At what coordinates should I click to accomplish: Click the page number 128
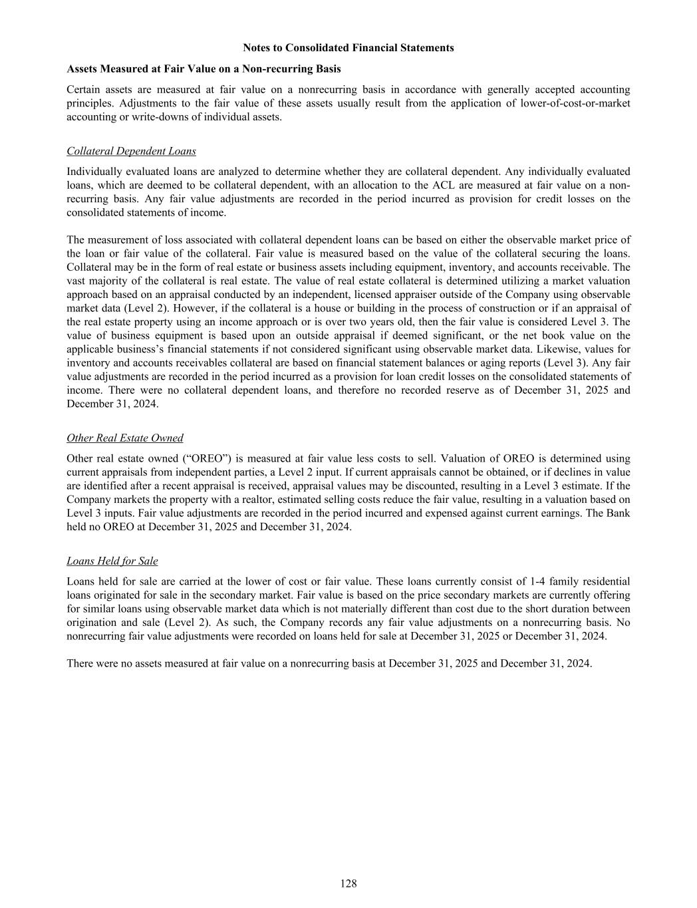point(348,883)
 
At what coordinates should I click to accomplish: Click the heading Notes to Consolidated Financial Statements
point(348,48)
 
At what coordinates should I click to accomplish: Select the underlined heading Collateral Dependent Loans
point(131,151)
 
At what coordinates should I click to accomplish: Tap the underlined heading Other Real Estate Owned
point(124,438)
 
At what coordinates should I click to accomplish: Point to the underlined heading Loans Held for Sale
point(112,561)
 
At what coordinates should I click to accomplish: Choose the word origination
point(93,623)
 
